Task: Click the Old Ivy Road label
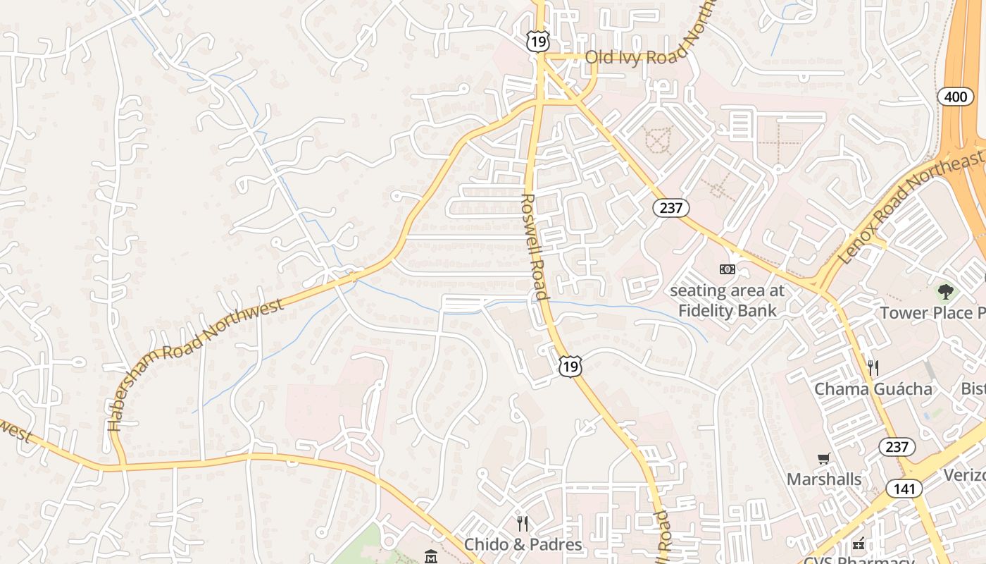634,56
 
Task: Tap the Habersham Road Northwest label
196,364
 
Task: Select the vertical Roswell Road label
535,247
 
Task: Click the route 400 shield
955,97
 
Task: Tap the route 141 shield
904,489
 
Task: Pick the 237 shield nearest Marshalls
897,446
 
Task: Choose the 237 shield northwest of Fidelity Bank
670,207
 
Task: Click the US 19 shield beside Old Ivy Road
537,41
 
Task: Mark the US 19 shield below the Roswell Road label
570,365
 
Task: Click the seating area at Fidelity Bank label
727,300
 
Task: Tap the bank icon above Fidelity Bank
727,269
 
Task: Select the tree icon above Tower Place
945,290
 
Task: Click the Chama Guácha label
873,389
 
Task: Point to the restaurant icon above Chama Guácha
873,367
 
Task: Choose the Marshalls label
823,479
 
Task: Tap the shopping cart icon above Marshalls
823,459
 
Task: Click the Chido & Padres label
523,544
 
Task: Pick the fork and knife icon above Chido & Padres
523,523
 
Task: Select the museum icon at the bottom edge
431,557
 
